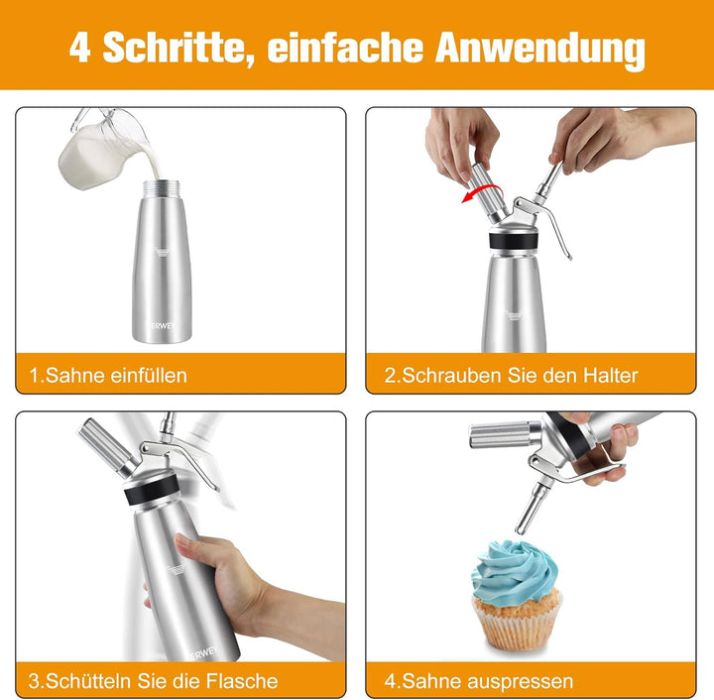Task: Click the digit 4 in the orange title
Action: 80,48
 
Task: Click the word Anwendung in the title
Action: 540,50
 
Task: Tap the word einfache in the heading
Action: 346,47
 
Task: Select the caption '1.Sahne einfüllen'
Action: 108,376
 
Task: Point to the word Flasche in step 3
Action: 242,681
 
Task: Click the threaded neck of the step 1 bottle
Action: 162,188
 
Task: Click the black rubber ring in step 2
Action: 514,240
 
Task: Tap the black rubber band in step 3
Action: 151,490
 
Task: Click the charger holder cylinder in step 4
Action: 505,434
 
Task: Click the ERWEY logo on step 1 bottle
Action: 162,326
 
